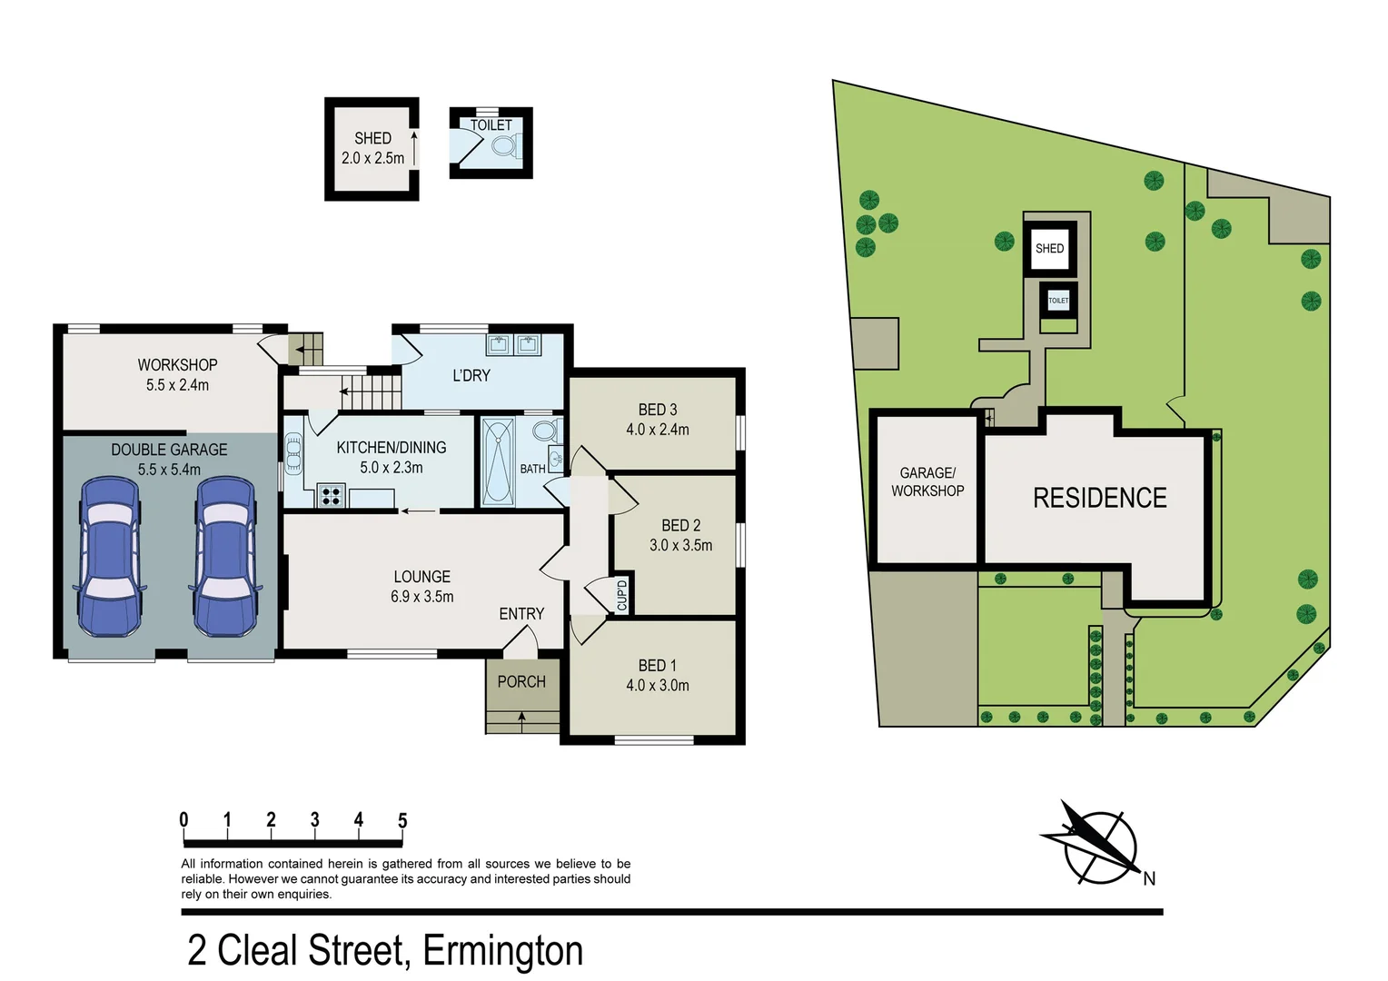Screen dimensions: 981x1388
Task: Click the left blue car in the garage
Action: (x=110, y=556)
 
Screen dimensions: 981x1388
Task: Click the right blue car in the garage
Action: (x=225, y=556)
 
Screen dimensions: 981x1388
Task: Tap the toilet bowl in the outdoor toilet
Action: (x=507, y=145)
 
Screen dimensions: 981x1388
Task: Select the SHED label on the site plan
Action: (x=1049, y=248)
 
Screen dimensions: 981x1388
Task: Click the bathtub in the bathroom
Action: (x=497, y=461)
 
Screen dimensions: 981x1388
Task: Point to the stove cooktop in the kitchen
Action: (x=331, y=496)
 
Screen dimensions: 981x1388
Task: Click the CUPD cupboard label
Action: (x=622, y=594)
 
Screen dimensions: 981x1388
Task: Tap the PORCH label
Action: (x=521, y=681)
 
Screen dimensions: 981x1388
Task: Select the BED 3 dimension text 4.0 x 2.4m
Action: (x=657, y=430)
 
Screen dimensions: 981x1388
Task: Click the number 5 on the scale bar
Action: (x=402, y=820)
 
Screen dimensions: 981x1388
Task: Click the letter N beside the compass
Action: (x=1149, y=878)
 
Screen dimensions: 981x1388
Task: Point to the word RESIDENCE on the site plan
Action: (x=1099, y=498)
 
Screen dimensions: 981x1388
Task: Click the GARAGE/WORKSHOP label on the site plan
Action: (x=927, y=481)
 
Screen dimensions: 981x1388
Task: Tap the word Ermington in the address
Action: (x=502, y=951)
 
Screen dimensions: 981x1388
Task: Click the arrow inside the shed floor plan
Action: (x=414, y=148)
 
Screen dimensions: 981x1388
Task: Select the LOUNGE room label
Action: (x=421, y=577)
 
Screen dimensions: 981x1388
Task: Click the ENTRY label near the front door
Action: (x=521, y=614)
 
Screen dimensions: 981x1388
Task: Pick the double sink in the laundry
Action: (x=513, y=344)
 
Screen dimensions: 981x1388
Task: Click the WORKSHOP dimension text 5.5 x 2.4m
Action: (x=177, y=385)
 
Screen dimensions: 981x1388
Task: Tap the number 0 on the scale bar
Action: (x=183, y=820)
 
